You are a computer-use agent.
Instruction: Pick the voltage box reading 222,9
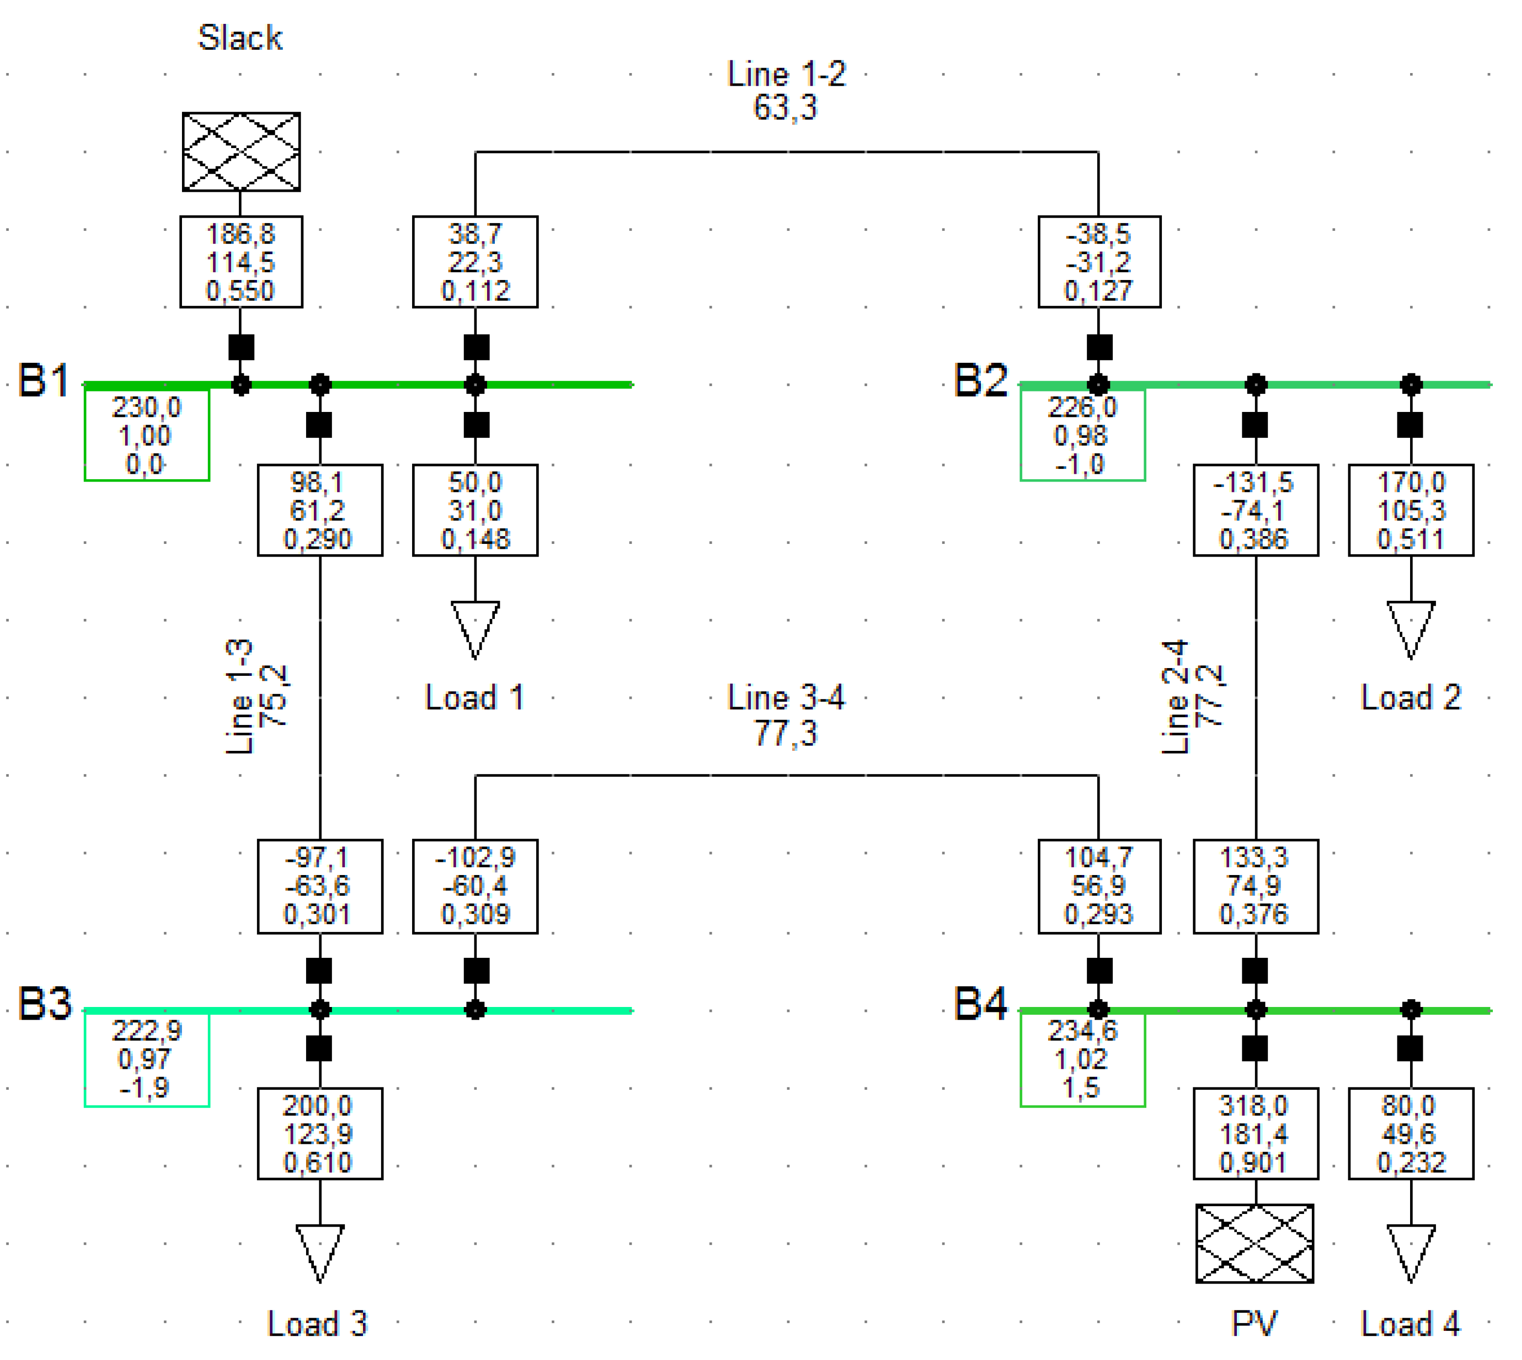(146, 1059)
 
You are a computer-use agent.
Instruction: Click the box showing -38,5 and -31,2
(1099, 261)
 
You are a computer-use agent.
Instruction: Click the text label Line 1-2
(786, 75)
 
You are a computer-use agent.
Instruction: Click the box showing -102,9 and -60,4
(475, 886)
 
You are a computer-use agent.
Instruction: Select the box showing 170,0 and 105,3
(1411, 510)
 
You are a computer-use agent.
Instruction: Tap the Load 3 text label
(317, 1323)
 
